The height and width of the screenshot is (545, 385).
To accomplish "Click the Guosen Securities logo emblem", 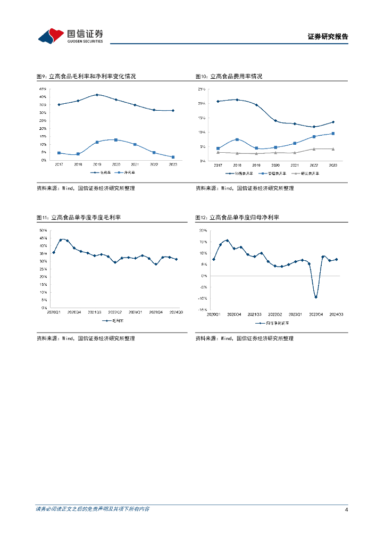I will pos(51,36).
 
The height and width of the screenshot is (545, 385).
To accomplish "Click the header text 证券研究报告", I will pos(328,37).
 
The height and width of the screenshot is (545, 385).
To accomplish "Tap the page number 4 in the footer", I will pos(346,510).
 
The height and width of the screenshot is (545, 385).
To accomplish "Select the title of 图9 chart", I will pos(86,77).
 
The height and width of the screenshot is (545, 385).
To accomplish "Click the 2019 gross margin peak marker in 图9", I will pos(97,95).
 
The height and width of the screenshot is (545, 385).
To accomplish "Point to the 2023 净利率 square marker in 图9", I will pos(173,157).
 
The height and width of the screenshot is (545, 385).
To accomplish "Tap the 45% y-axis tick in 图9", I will pos(43,88).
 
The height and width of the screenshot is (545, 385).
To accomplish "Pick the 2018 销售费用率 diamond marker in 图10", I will pos(237,100).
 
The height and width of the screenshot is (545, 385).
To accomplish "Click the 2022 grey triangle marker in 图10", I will pos(314,149).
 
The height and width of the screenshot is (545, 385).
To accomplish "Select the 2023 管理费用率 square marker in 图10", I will pos(333,134).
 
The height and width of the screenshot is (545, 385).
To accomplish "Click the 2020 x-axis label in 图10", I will pos(275,166).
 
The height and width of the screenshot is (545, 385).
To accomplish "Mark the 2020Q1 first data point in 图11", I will pos(54,252).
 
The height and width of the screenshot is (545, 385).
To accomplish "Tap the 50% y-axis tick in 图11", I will pos(43,230).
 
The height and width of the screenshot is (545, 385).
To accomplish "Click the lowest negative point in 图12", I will pos(316,297).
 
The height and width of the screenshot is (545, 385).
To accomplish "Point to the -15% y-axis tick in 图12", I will pos(202,310).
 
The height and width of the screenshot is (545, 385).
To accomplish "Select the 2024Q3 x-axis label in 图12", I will pos(336,315).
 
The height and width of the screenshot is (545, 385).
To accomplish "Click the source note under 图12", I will pos(244,338).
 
